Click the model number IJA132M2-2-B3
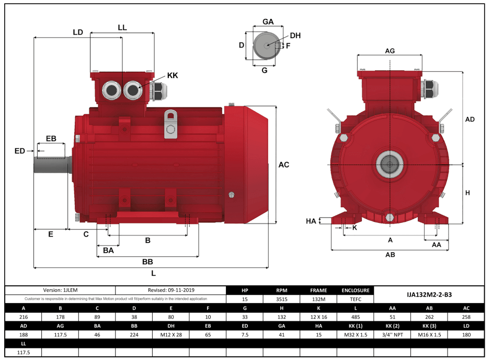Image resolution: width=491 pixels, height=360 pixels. (x=429, y=295)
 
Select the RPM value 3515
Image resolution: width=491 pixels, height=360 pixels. (x=281, y=299)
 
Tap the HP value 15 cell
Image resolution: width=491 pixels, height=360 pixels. (x=245, y=299)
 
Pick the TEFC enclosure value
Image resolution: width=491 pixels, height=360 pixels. (x=356, y=299)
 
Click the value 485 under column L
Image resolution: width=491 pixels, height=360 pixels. (x=356, y=317)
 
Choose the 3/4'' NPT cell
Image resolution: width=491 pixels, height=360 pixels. (x=392, y=334)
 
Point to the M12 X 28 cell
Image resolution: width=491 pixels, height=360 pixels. (x=170, y=334)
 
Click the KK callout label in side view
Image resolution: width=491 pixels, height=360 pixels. (x=173, y=76)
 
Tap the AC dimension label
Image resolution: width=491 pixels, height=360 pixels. (x=283, y=165)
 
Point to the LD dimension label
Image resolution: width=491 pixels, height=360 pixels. (x=78, y=32)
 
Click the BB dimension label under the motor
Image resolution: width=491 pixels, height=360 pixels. (x=147, y=261)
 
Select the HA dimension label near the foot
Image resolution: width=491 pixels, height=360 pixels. (x=311, y=221)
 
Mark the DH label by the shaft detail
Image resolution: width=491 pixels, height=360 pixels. (x=295, y=36)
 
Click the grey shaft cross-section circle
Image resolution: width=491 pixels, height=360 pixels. (x=267, y=46)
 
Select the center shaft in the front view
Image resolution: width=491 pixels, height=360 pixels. (x=390, y=165)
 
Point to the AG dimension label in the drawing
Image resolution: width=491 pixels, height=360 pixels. (x=390, y=51)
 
